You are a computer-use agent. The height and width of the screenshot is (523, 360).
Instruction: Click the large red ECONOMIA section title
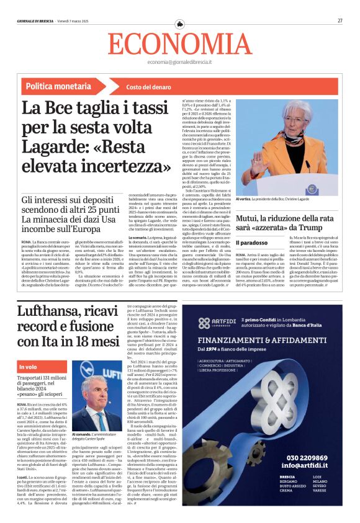[179, 44]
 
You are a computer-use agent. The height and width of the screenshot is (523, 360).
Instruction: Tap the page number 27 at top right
[340, 20]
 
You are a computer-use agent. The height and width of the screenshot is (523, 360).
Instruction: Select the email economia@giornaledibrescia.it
[179, 63]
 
